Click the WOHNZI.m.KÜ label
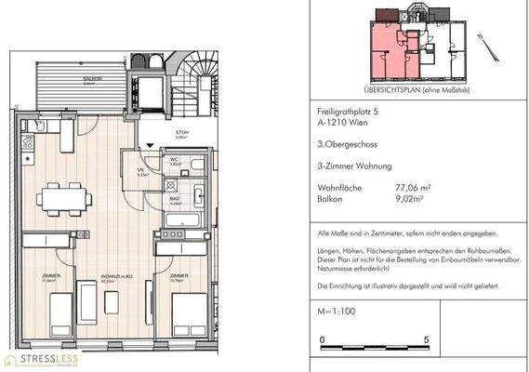114,276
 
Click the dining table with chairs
65,198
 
